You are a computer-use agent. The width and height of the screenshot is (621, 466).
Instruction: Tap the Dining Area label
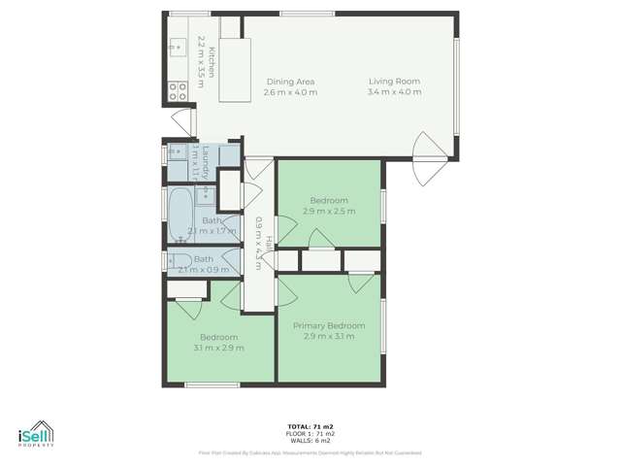click(x=291, y=82)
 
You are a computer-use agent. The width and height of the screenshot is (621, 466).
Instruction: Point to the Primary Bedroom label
click(x=329, y=325)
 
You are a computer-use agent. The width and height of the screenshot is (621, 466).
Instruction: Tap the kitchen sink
click(x=176, y=45)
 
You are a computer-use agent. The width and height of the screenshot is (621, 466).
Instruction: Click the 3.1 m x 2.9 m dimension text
click(x=218, y=348)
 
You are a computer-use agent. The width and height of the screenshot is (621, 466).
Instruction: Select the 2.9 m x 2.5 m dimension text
click(x=329, y=211)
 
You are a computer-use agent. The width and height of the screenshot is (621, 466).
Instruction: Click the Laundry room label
click(x=208, y=158)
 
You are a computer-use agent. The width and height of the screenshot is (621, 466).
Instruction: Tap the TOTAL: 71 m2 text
click(x=310, y=426)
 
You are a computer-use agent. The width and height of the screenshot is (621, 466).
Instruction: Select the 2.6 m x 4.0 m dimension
click(x=291, y=92)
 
